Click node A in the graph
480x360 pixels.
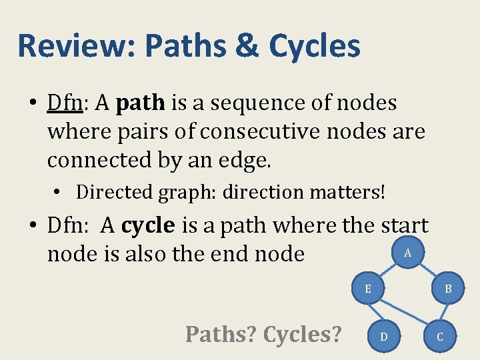coord(408,252)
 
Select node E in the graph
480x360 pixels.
coord(368,289)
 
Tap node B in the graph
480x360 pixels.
coord(449,289)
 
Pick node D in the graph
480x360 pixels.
coord(383,337)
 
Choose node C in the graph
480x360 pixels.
coord(439,337)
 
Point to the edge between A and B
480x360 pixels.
coord(429,271)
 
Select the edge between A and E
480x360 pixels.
coord(389,270)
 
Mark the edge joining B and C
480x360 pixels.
coord(445,313)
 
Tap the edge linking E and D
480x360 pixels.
coord(375,313)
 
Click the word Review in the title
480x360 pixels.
coord(75,47)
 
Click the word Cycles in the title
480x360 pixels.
coord(315,47)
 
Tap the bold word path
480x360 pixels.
coord(140,103)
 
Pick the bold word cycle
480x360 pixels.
coord(148,226)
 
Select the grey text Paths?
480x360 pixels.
coord(220,334)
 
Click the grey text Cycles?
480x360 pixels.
coord(302,334)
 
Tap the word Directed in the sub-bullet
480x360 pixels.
coord(114,192)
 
